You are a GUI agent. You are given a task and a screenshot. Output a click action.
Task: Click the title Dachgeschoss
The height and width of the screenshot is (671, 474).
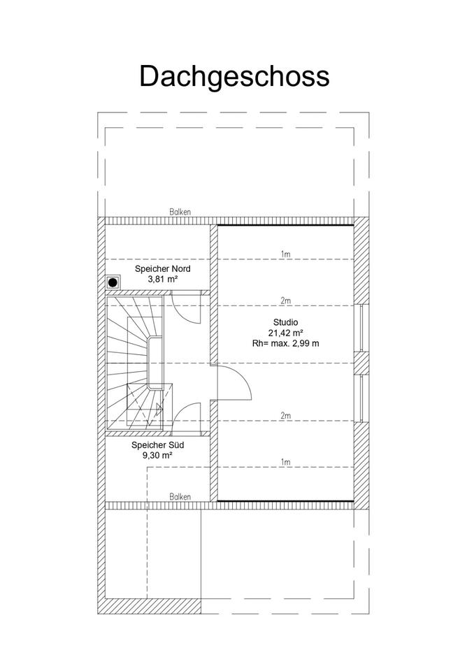click(x=234, y=75)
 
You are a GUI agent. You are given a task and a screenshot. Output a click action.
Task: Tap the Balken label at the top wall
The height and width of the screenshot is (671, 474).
click(x=180, y=212)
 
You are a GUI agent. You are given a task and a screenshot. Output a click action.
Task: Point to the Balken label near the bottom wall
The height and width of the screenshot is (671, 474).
click(x=180, y=497)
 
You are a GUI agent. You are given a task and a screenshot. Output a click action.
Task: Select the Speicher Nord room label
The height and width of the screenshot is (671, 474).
click(x=162, y=268)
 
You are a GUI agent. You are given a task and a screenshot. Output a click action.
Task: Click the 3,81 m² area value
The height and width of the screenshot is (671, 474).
click(x=162, y=279)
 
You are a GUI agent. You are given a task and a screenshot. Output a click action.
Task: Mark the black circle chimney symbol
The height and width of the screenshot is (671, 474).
click(x=112, y=282)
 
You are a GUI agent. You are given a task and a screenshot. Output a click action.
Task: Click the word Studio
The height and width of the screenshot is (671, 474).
click(x=286, y=322)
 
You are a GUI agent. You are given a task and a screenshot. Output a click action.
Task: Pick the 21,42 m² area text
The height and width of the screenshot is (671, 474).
click(x=285, y=333)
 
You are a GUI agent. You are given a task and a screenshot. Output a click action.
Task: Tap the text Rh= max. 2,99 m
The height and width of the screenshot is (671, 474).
click(x=286, y=343)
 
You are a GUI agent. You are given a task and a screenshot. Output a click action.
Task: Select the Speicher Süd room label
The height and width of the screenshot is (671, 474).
click(x=158, y=445)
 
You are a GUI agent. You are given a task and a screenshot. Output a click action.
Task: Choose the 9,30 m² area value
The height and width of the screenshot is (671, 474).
click(x=157, y=455)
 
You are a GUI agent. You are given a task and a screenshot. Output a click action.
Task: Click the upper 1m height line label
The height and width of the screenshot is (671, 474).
click(x=285, y=254)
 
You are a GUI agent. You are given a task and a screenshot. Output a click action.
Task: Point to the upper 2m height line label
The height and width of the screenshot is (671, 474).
click(x=285, y=301)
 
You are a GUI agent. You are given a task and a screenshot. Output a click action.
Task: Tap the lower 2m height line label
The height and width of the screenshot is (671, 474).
click(x=285, y=416)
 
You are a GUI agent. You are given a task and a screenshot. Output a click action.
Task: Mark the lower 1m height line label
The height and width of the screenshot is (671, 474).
click(x=285, y=462)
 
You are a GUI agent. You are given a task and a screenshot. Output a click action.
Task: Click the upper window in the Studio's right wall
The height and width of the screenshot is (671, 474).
click(x=361, y=328)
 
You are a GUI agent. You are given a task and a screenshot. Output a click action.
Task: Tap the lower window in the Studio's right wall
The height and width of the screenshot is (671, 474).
click(x=361, y=398)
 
